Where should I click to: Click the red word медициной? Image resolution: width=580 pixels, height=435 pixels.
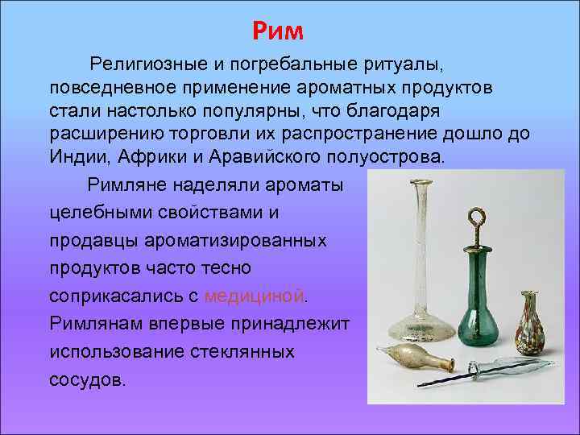pos(255,296)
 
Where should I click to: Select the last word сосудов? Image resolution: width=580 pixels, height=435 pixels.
pos(87,379)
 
